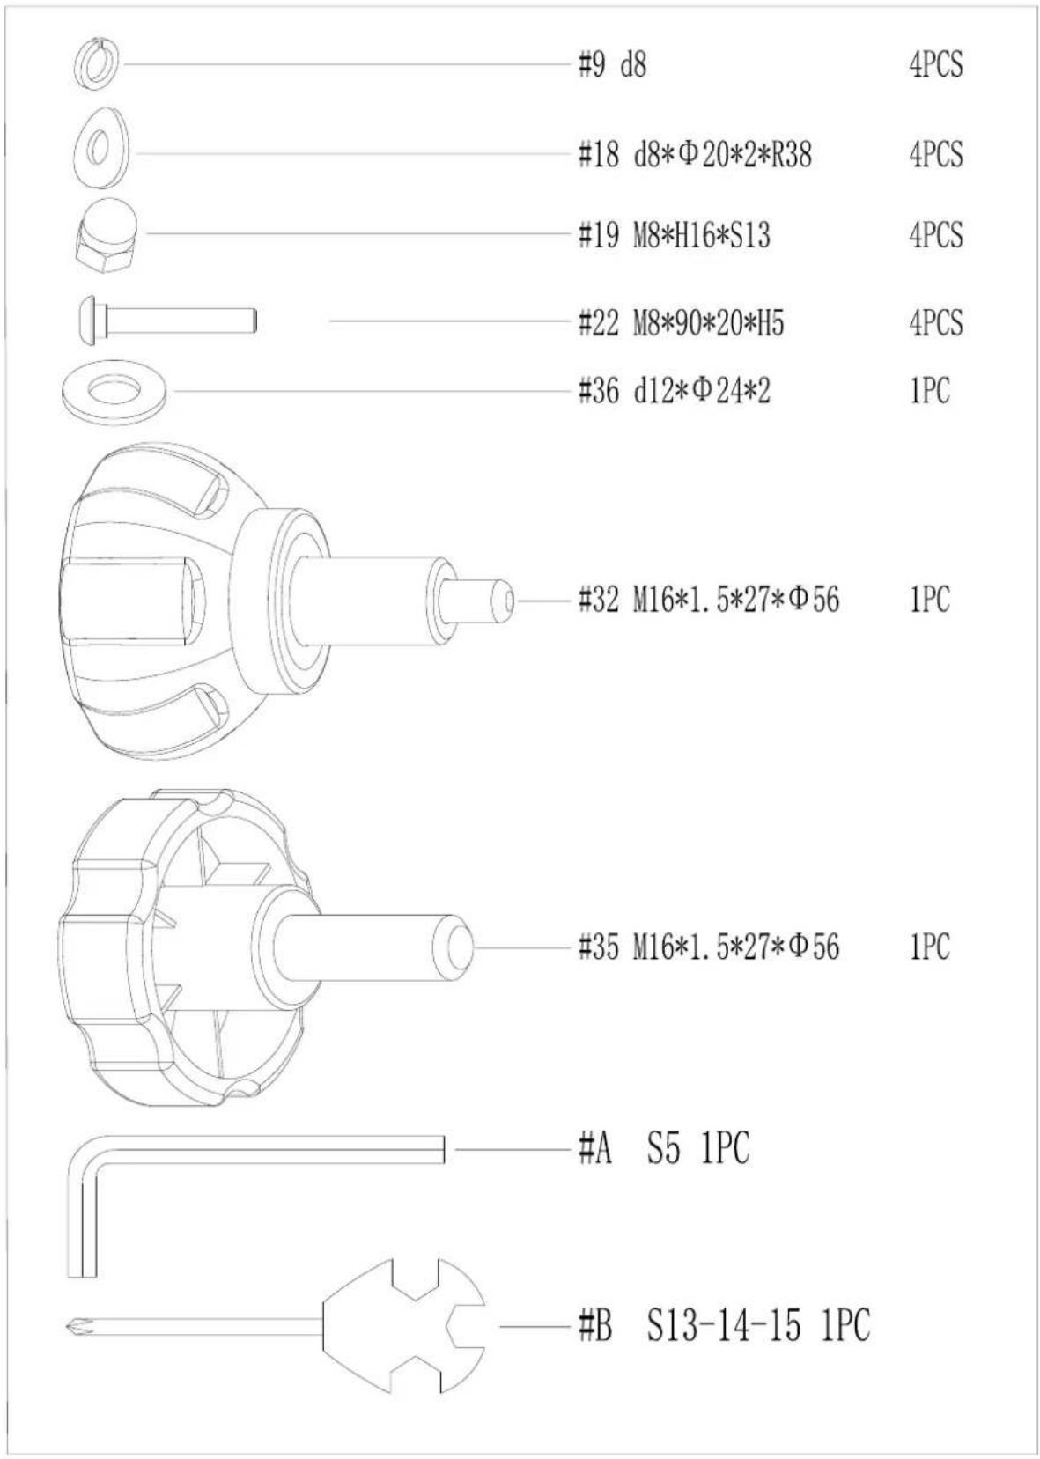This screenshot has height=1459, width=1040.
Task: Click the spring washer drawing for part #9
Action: pyautogui.click(x=95, y=64)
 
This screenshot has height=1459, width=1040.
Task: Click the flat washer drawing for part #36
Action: pyautogui.click(x=114, y=392)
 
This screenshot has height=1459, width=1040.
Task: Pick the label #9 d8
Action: pyautogui.click(x=613, y=65)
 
